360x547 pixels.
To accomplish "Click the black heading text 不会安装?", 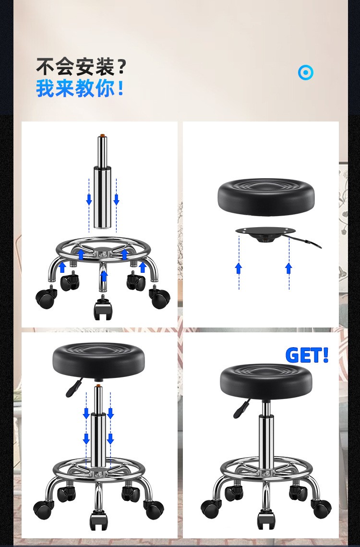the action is pos(81,67).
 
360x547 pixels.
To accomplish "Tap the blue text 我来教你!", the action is pos(80,88).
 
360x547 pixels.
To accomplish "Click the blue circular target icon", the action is pos(306,73).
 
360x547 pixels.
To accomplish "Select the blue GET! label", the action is pos(307,355).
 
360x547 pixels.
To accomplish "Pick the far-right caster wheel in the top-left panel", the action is pos(160,297).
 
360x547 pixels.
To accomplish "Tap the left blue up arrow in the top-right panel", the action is pos(239,268).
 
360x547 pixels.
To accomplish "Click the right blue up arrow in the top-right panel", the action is pos(288,268).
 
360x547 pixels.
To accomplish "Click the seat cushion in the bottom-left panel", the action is pos(98,362).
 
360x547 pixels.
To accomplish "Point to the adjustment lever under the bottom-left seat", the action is pos(74,387).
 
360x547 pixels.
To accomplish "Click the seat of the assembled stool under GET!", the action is pos(266,382).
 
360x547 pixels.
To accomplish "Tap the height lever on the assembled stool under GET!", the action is pos(241,409).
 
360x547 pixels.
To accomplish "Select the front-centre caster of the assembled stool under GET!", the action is pos(266,520).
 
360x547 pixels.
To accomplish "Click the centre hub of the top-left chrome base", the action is pos(103,251).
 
